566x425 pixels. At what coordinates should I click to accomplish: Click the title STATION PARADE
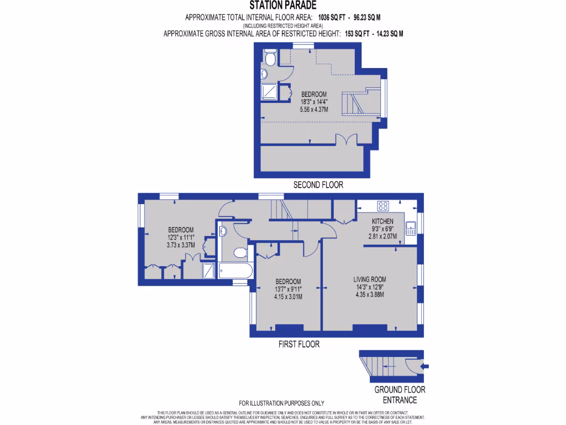[282, 6]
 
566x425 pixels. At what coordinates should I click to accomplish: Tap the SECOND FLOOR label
[317, 185]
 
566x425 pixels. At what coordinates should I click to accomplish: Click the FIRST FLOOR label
[298, 344]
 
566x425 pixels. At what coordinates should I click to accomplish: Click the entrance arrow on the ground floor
[424, 366]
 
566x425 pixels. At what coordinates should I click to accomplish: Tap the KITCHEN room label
[382, 221]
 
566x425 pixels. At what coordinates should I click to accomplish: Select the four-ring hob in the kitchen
[383, 206]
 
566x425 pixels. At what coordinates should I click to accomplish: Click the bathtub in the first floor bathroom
[235, 271]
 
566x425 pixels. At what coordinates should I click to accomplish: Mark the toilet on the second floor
[270, 58]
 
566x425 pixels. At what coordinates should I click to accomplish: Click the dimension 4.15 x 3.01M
[288, 297]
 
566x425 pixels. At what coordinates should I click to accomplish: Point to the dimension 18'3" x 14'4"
[313, 102]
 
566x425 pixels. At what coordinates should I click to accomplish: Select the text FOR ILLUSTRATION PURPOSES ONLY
[281, 403]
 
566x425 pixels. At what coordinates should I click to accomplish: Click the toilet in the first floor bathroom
[240, 252]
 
